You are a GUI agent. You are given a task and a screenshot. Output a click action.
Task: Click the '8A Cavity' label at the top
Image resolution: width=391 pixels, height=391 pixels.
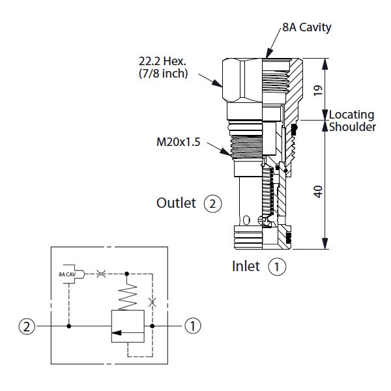(x=306, y=27)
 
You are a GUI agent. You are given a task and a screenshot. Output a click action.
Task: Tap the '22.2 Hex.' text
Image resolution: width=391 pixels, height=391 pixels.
(x=162, y=61)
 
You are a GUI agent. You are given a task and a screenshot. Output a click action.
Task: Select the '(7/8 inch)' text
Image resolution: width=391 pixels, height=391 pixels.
(x=163, y=74)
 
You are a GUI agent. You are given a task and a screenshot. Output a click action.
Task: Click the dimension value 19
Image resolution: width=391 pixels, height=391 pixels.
(x=318, y=90)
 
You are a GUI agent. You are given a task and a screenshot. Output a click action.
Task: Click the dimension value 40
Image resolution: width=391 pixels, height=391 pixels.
(x=318, y=192)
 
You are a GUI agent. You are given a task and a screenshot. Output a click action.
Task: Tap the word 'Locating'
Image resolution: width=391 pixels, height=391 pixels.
(x=351, y=115)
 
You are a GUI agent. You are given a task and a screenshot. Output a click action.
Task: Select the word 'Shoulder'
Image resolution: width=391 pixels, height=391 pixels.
(x=352, y=127)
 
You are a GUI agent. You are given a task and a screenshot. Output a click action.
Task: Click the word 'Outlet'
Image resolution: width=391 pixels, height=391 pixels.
(x=176, y=203)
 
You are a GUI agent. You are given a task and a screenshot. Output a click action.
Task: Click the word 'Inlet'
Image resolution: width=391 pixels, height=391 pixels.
(x=246, y=266)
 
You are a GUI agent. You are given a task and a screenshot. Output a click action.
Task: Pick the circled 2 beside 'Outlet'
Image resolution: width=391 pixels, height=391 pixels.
(x=212, y=204)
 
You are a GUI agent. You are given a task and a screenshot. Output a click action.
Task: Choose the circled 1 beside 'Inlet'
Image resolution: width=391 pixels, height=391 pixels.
(x=278, y=267)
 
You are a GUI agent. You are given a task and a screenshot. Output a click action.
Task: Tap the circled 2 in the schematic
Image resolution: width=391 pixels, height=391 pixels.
(x=27, y=325)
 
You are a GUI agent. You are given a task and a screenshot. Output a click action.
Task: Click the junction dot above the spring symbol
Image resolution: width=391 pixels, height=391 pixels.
(x=126, y=274)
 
